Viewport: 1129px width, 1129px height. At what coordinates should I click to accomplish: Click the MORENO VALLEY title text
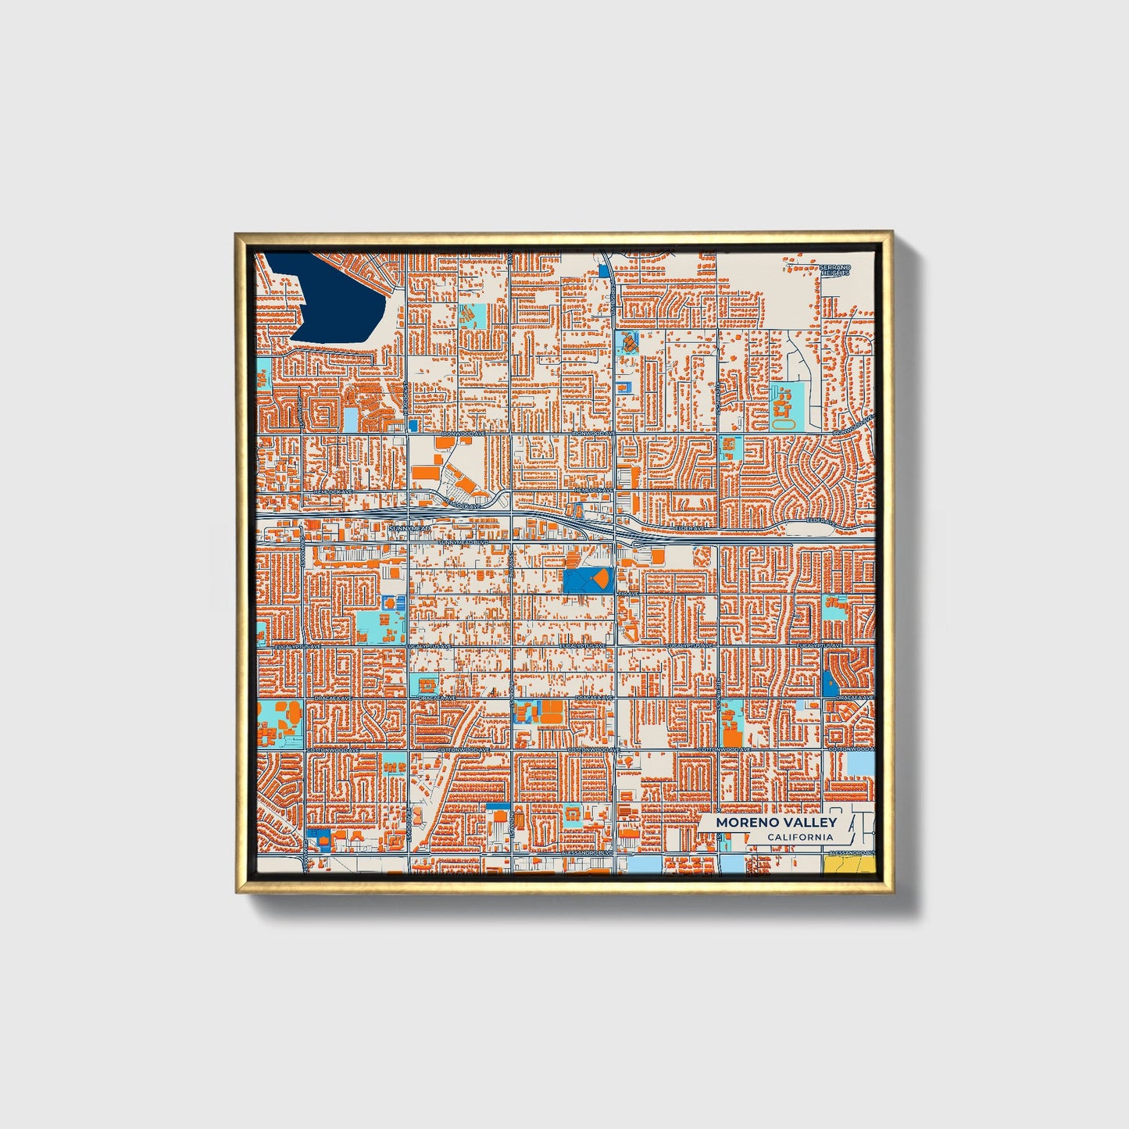click(776, 822)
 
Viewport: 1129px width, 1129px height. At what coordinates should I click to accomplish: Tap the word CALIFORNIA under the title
click(799, 838)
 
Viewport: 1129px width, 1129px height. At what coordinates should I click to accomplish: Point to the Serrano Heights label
click(834, 270)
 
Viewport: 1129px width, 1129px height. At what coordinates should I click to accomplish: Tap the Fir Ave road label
click(628, 594)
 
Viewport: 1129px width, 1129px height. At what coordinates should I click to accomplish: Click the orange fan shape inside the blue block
click(599, 579)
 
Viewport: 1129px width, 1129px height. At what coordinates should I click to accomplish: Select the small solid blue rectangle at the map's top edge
click(603, 270)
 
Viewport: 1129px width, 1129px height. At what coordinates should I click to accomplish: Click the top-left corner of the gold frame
click(237, 234)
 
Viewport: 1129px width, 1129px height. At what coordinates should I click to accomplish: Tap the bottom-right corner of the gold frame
click(891, 891)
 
